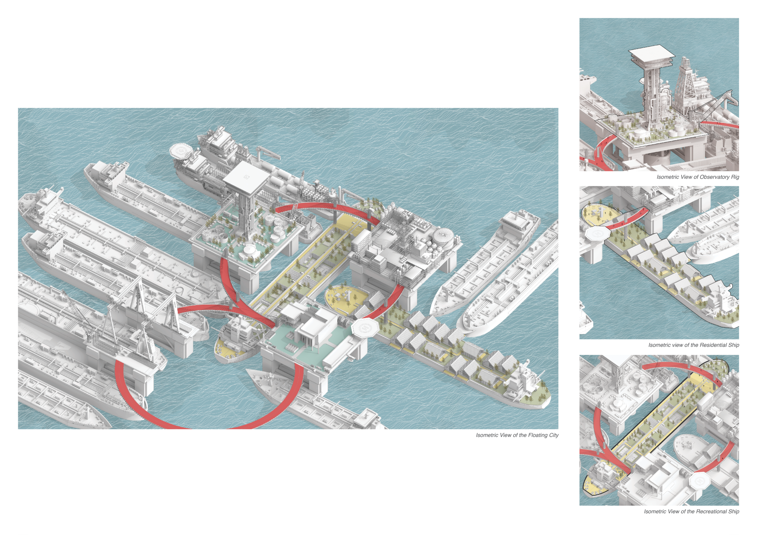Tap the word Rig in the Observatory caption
[x=735, y=177]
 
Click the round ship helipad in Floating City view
[x=181, y=151]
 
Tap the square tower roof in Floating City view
[x=247, y=178]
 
